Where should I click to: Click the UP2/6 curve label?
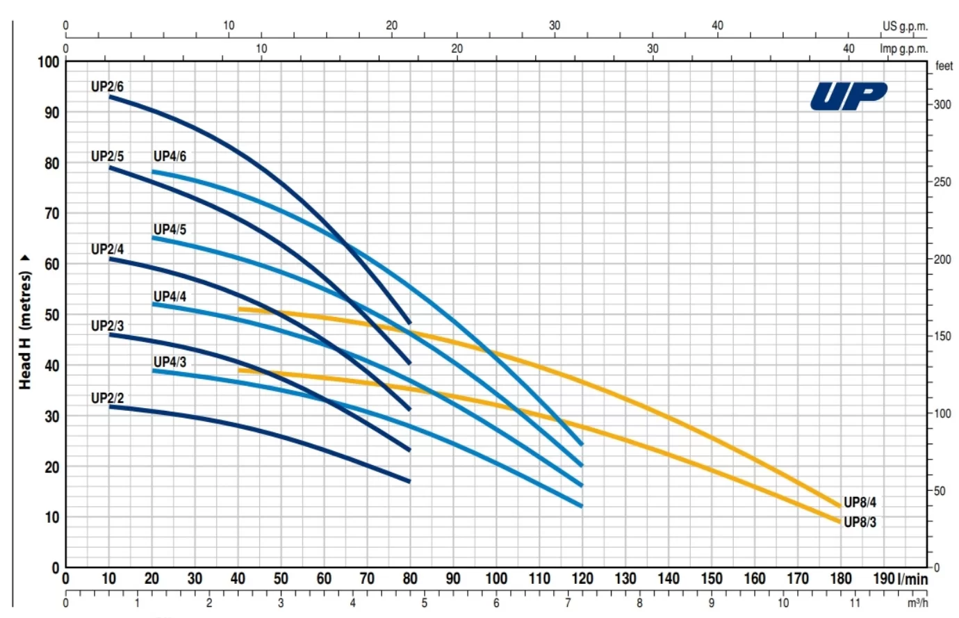click(x=107, y=87)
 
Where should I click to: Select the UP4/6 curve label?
click(x=170, y=156)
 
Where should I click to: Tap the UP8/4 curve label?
click(x=860, y=503)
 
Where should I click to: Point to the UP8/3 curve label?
click(x=860, y=522)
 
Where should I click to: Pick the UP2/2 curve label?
click(x=107, y=398)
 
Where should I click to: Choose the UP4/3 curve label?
click(x=170, y=362)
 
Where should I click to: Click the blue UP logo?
click(x=849, y=97)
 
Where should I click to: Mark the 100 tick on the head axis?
click(x=49, y=62)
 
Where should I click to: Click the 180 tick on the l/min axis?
click(x=840, y=578)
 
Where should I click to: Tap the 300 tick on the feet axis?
click(x=942, y=105)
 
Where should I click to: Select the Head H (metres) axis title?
click(x=26, y=323)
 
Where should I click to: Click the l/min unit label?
click(x=912, y=578)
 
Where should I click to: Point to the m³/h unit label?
click(x=917, y=603)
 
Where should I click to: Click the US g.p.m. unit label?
click(x=905, y=26)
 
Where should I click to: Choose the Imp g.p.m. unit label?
click(x=903, y=49)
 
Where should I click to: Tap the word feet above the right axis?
click(x=944, y=66)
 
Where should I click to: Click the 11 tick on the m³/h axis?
click(x=855, y=603)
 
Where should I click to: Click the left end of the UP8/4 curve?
click(x=240, y=309)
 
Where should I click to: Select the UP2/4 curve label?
click(x=107, y=249)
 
